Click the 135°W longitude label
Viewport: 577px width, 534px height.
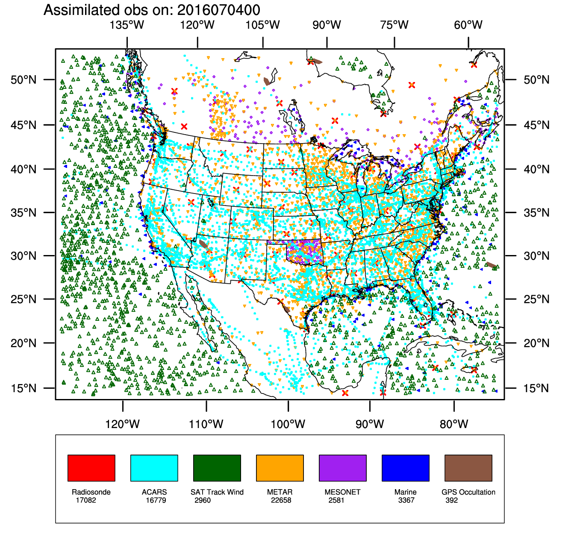[x=127, y=25]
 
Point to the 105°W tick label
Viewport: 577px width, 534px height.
[x=262, y=25]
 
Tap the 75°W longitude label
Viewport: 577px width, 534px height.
[x=394, y=25]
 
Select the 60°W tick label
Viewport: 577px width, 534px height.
[x=468, y=25]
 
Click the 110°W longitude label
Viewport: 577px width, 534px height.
[x=206, y=424]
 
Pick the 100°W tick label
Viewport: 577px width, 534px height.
[x=288, y=424]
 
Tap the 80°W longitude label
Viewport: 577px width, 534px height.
[x=454, y=424]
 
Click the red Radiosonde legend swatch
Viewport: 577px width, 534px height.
[x=91, y=468]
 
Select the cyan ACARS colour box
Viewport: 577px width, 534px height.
[x=154, y=468]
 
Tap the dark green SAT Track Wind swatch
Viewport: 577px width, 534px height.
[x=217, y=468]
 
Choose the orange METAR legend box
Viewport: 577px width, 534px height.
[x=280, y=468]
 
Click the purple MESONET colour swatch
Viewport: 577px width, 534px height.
[x=342, y=468]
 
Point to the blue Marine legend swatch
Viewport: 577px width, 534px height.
[x=405, y=468]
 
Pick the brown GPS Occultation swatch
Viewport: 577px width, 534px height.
[x=468, y=468]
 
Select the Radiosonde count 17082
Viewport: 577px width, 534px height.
[x=86, y=500]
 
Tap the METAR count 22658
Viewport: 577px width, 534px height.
[x=281, y=500]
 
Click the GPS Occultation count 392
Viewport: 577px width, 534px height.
[x=451, y=500]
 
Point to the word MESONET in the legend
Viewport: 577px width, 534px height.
[x=342, y=492]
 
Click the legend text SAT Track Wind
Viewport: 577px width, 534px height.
[x=217, y=492]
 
